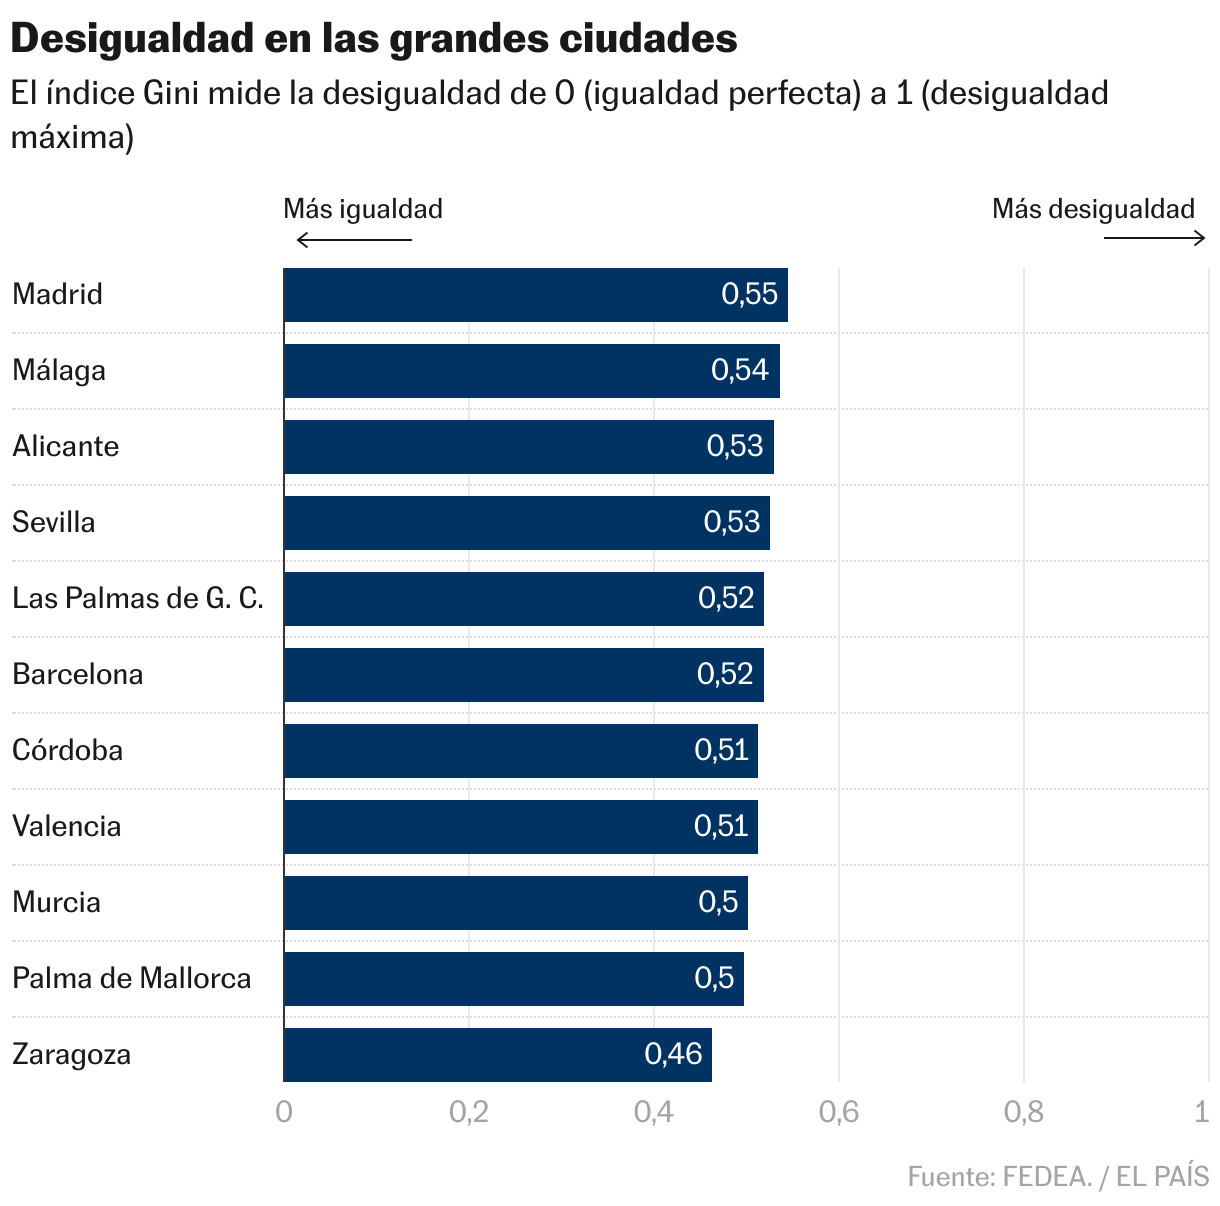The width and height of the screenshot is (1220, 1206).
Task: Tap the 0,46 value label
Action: coord(673,1054)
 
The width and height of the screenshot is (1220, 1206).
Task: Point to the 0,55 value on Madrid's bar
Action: coord(749,294)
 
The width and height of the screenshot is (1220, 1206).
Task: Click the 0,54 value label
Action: coord(740,370)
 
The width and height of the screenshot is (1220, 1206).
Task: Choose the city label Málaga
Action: coord(59,371)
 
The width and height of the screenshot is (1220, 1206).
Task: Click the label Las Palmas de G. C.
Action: coord(138,598)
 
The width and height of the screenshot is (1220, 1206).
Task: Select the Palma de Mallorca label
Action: coord(131,978)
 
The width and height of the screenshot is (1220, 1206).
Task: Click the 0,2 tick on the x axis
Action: coord(468,1112)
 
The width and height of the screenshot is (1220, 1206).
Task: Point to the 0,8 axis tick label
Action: coord(1023,1112)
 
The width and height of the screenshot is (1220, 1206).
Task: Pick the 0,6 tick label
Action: coord(838,1112)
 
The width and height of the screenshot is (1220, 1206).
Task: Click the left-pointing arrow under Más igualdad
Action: coord(354,240)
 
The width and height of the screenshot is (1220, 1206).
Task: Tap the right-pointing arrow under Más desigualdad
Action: coord(1155,238)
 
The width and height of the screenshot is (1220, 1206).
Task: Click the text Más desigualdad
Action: coord(1093,209)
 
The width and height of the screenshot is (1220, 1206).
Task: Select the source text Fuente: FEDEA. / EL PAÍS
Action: coord(1058,1177)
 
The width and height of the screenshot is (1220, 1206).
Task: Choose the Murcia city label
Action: coord(56,902)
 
